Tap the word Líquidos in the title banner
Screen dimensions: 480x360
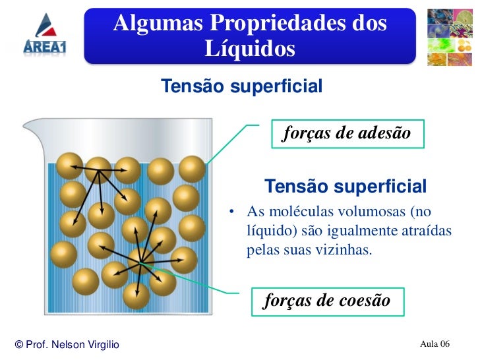[x=250, y=49]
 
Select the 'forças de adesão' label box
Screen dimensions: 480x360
[x=347, y=133]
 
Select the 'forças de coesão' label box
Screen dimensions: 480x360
[x=327, y=301]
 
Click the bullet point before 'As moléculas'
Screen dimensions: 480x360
[x=232, y=213]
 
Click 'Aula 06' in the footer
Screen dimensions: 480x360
[x=435, y=344]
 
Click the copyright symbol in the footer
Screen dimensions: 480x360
[x=18, y=345]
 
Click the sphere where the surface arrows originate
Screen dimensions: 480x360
[x=99, y=169]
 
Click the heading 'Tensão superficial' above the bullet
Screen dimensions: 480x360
[x=345, y=187]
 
